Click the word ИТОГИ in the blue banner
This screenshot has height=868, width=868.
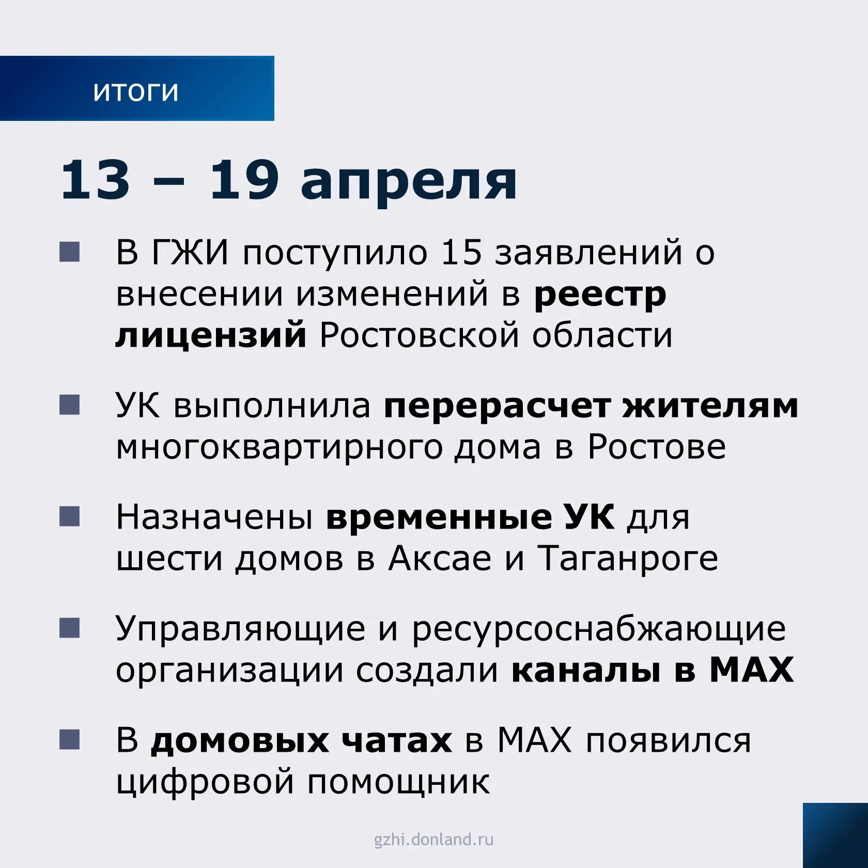[x=136, y=92]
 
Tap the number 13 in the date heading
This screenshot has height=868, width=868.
[x=95, y=179]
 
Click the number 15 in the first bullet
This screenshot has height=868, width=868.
[x=461, y=253]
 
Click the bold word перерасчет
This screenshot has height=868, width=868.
[x=497, y=407]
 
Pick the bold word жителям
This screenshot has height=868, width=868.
[x=710, y=406]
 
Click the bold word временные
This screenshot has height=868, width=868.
[x=439, y=517]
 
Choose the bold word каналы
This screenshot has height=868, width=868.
[x=586, y=671]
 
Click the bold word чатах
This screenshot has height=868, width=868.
[x=396, y=741]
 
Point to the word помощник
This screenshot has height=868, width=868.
[x=398, y=782]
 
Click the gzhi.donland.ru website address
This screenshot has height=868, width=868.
[x=434, y=840]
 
